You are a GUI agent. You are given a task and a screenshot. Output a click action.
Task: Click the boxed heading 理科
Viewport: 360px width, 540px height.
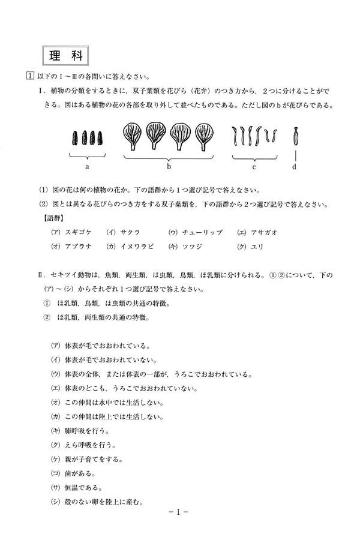(x=66, y=55)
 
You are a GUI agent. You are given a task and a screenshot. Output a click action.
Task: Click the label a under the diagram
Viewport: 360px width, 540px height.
(x=87, y=166)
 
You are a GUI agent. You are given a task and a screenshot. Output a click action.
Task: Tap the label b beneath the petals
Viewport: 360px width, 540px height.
(x=169, y=166)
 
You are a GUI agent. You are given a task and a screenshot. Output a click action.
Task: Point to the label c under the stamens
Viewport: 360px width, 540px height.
(x=254, y=166)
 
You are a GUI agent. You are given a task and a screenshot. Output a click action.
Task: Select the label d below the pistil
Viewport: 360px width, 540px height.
(x=294, y=166)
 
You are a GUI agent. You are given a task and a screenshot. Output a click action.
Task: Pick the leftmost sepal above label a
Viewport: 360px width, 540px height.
(x=74, y=138)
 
